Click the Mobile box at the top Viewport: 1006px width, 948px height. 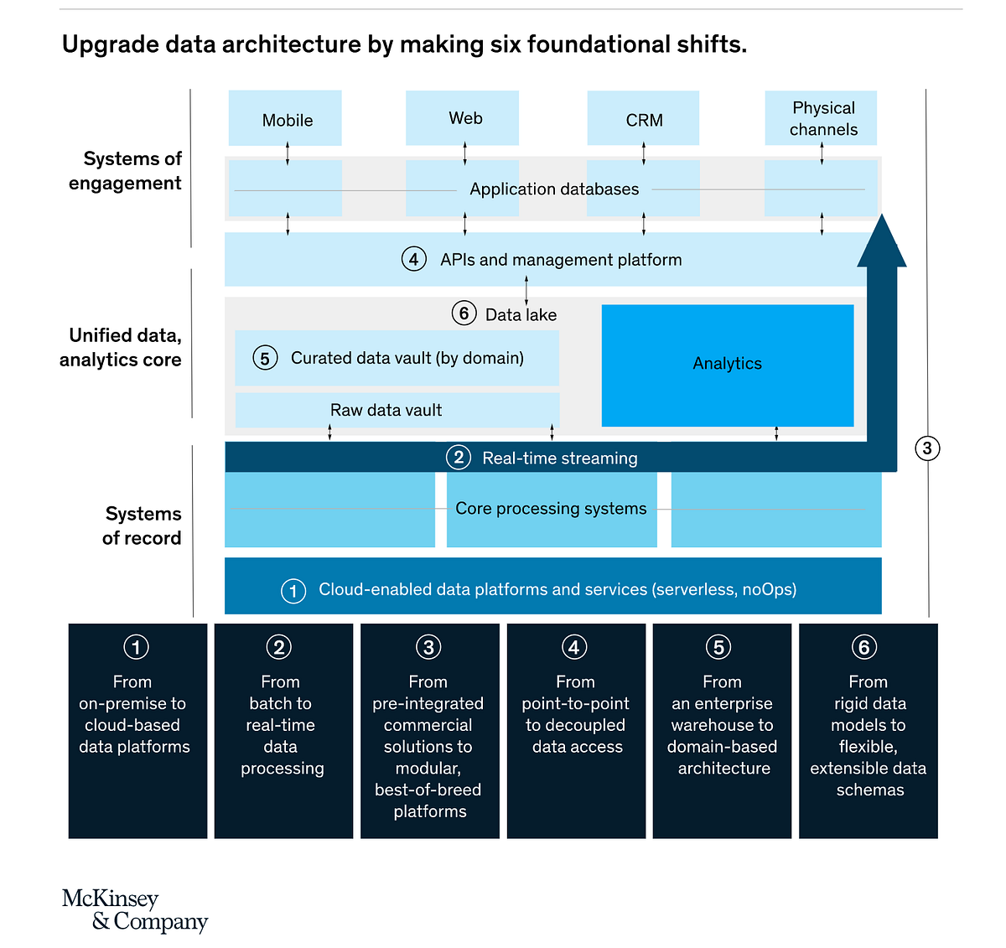[285, 118]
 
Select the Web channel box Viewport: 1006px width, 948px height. [462, 118]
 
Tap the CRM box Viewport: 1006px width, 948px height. [643, 118]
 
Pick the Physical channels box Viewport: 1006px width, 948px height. [821, 118]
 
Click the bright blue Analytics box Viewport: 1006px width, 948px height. [727, 365]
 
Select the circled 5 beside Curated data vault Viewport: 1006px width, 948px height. [265, 359]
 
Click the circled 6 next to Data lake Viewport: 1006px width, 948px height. [464, 313]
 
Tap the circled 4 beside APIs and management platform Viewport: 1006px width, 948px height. [413, 259]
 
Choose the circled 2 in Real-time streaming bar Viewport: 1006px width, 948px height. [458, 458]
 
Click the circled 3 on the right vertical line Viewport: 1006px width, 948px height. [926, 448]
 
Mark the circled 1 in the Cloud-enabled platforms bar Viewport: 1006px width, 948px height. [293, 591]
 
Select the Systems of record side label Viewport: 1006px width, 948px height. [142, 526]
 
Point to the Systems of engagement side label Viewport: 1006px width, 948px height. [126, 171]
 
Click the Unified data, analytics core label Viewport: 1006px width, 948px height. [122, 347]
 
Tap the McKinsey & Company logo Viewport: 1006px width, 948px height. [134, 910]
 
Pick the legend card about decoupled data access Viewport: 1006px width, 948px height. [576, 729]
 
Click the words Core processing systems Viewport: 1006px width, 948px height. [551, 509]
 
